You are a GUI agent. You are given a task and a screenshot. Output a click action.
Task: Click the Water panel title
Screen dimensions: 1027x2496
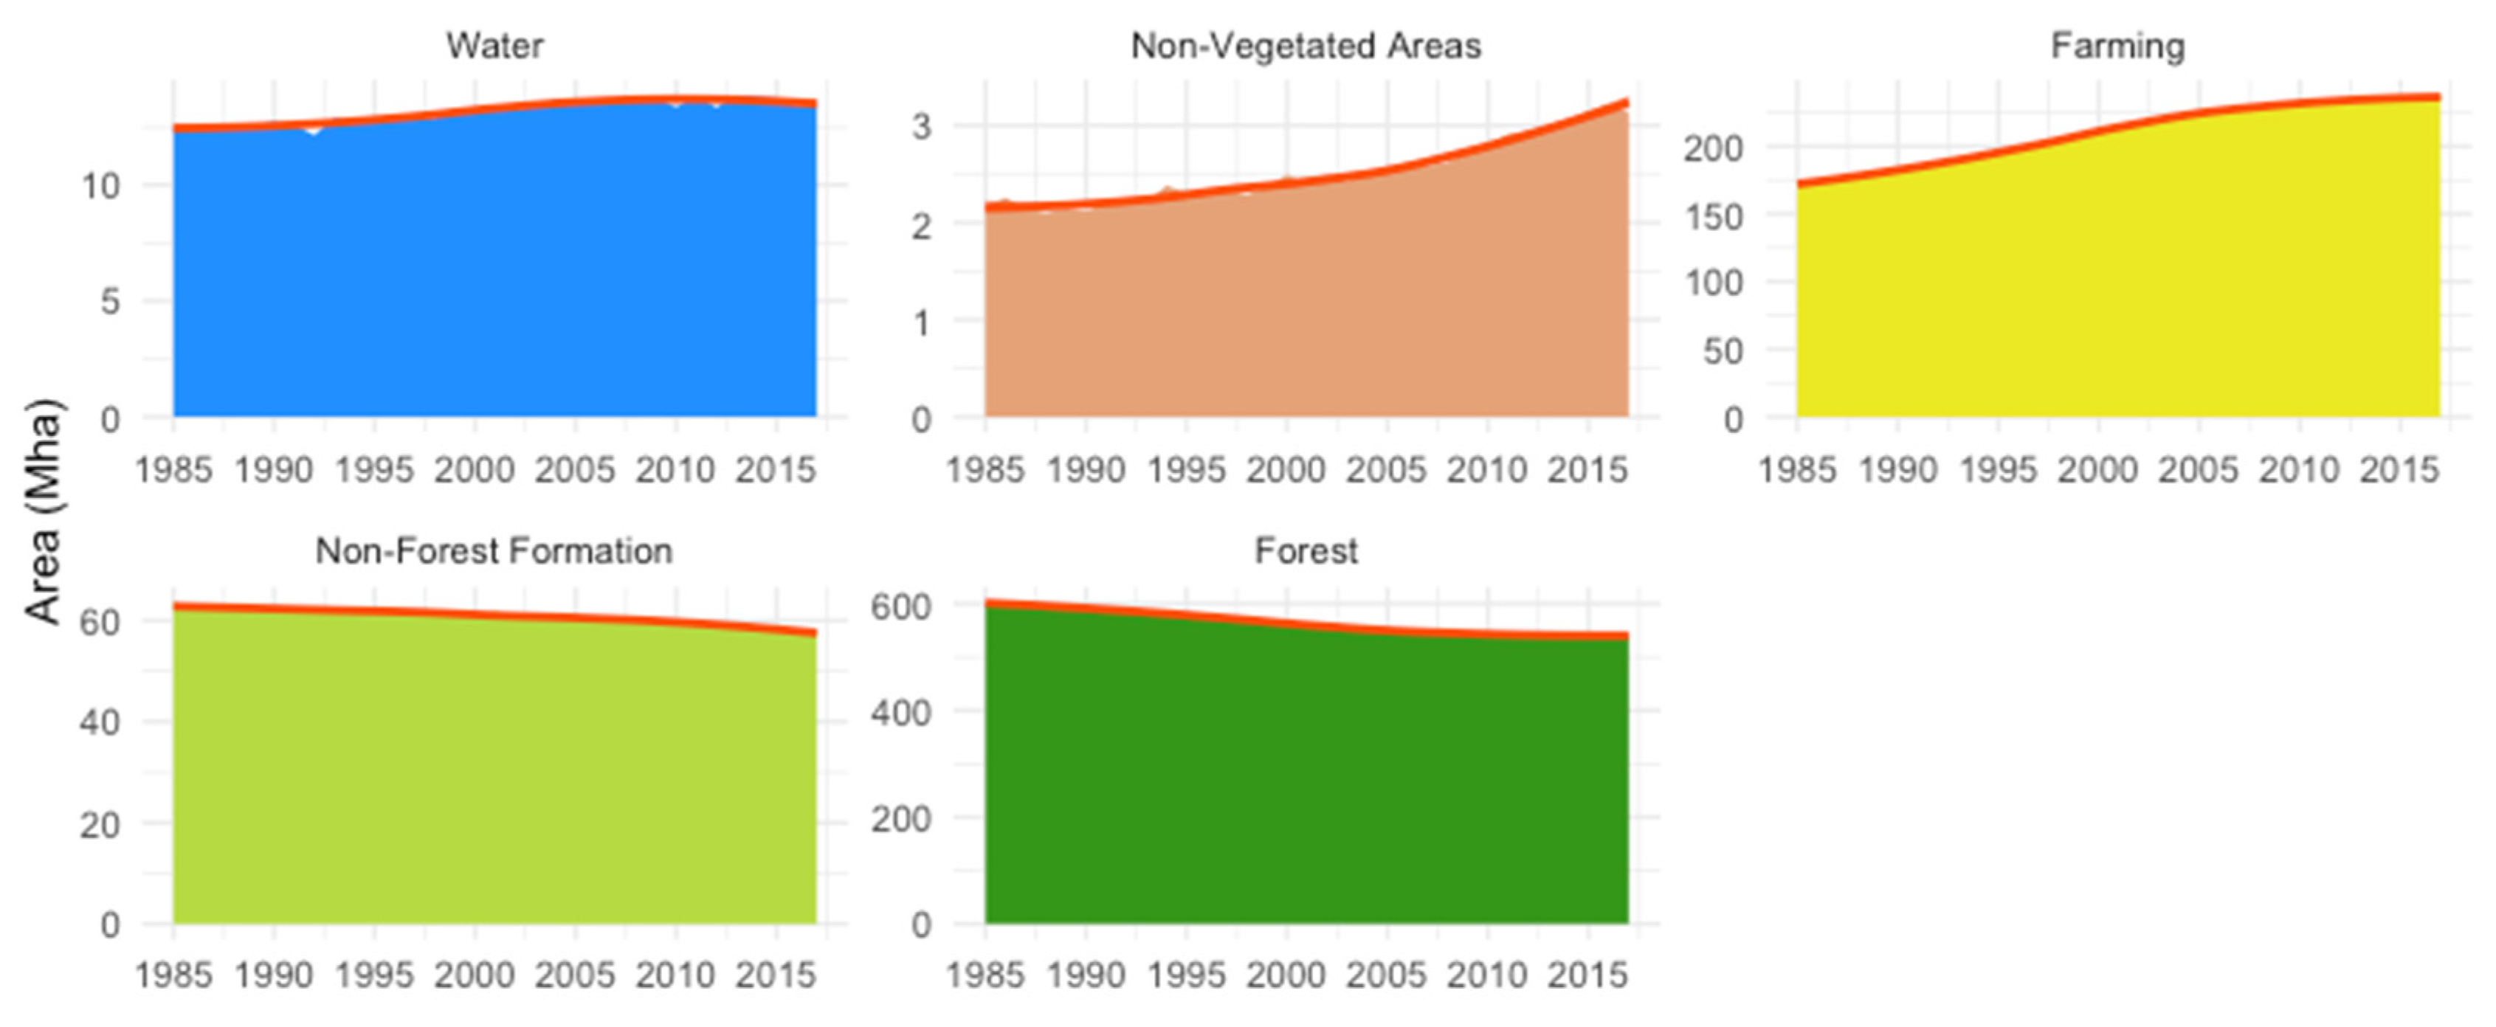[x=494, y=46]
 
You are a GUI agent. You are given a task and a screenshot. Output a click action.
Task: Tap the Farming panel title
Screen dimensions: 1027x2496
[x=2117, y=46]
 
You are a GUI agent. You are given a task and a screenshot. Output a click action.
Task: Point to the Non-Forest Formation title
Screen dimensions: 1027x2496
[x=494, y=550]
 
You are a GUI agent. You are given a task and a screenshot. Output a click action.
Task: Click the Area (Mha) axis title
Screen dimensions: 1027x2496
[x=43, y=511]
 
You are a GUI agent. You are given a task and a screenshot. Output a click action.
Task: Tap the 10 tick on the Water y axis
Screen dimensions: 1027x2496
[x=100, y=185]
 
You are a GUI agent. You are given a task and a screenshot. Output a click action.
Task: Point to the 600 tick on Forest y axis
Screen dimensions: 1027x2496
[x=900, y=606]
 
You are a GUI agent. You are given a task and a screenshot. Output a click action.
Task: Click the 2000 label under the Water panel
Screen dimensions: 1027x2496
[x=474, y=470]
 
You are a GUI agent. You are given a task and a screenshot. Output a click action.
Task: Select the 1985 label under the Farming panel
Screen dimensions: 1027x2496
[x=1796, y=470]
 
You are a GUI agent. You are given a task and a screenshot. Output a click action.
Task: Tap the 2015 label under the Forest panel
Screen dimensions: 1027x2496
[x=1587, y=975]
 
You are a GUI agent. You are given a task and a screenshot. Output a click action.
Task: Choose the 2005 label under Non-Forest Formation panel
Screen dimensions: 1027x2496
[x=575, y=975]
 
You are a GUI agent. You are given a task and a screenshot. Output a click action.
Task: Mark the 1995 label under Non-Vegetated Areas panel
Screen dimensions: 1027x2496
[x=1186, y=470]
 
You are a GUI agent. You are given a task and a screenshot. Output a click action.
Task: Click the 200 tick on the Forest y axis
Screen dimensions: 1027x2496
[x=900, y=819]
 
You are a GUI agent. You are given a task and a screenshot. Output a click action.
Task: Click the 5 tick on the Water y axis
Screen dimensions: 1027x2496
[x=109, y=301]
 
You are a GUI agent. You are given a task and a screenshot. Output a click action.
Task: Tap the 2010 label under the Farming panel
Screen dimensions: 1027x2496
[x=2299, y=470]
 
